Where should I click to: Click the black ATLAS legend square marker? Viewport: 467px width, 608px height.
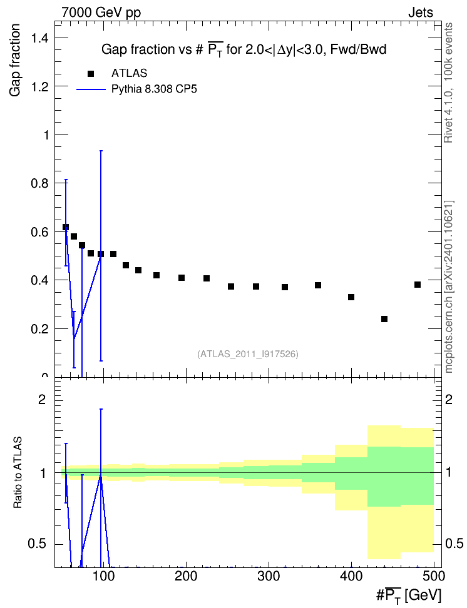pyautogui.click(x=91, y=74)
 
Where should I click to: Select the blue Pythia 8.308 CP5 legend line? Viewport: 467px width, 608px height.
pyautogui.click(x=91, y=89)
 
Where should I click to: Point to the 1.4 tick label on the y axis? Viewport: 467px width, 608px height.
pyautogui.click(x=40, y=38)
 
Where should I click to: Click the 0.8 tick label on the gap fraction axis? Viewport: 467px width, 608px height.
pyautogui.click(x=40, y=183)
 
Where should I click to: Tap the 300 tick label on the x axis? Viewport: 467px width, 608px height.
pyautogui.click(x=269, y=576)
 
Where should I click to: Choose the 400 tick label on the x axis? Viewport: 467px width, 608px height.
pyautogui.click(x=351, y=576)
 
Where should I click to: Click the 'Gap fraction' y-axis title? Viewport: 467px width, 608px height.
pyautogui.click(x=15, y=60)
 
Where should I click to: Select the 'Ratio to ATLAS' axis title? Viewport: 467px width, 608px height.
pyautogui.click(x=18, y=472)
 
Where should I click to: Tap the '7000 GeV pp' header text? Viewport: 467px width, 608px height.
pyautogui.click(x=101, y=13)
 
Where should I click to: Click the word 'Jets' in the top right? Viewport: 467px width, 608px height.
pyautogui.click(x=421, y=13)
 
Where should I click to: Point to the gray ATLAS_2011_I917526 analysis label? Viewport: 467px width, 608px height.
pyautogui.click(x=248, y=354)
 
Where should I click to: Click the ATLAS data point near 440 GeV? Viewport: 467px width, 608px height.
pyautogui.click(x=384, y=319)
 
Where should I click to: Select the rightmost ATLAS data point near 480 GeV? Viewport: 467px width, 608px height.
pyautogui.click(x=418, y=285)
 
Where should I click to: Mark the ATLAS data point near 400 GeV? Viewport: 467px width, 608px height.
pyautogui.click(x=351, y=297)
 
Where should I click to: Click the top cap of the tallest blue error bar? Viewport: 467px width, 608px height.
pyautogui.click(x=101, y=151)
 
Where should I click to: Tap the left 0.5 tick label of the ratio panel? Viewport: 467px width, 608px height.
pyautogui.click(x=38, y=544)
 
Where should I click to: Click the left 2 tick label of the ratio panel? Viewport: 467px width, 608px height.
pyautogui.click(x=42, y=399)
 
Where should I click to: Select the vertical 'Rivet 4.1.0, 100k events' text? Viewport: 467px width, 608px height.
pyautogui.click(x=448, y=83)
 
